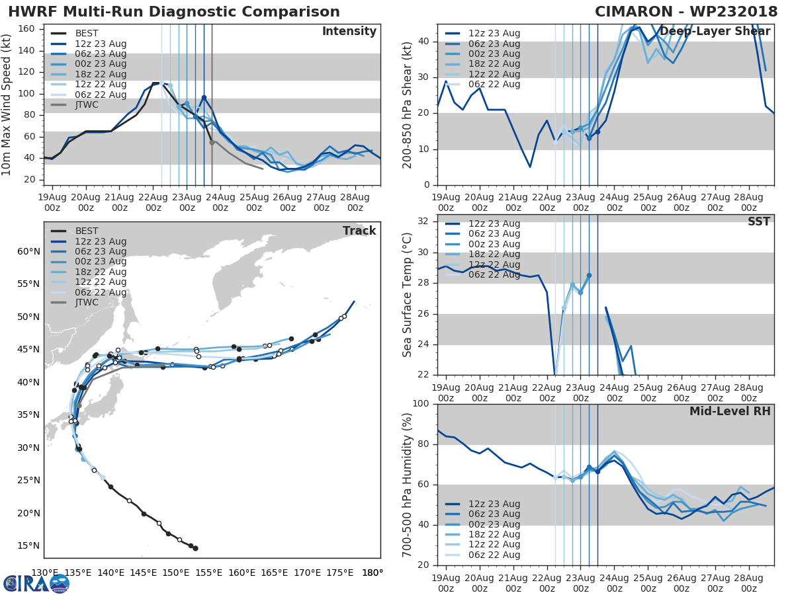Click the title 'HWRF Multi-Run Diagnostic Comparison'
point(174,12)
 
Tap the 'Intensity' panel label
point(349,32)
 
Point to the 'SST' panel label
point(759,222)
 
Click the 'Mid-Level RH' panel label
point(730,411)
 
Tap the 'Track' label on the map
point(359,231)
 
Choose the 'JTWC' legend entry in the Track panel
point(87,303)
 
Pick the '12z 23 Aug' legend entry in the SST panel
point(494,223)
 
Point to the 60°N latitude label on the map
point(29,251)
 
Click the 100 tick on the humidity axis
point(421,404)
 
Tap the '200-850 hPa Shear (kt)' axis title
point(408,104)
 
